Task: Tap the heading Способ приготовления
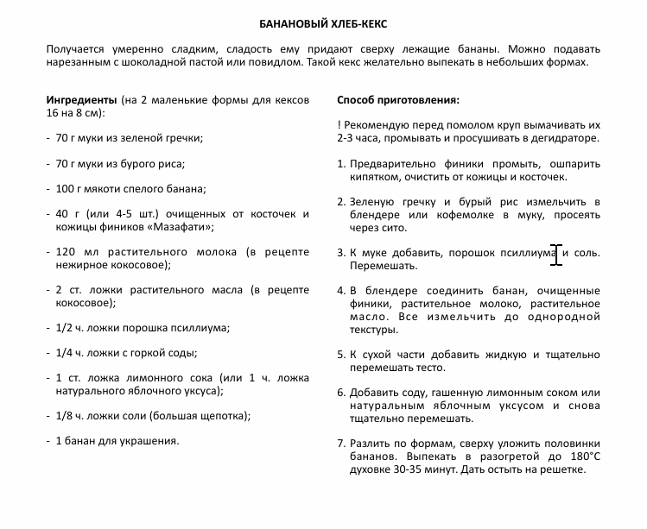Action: [397, 99]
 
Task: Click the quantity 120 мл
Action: [74, 252]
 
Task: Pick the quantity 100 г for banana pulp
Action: [71, 189]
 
